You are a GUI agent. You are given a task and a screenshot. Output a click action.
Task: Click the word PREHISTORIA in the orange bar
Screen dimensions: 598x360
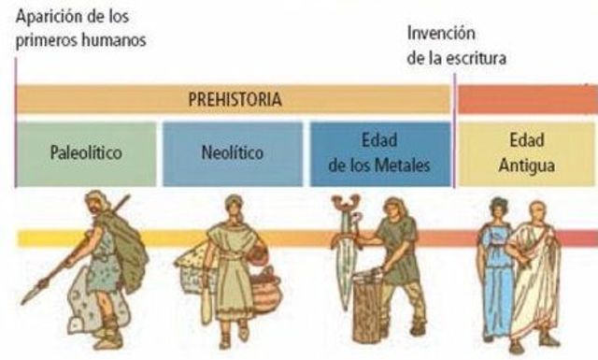point(235,98)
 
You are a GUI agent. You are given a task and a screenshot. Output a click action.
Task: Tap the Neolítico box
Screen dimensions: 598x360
point(232,152)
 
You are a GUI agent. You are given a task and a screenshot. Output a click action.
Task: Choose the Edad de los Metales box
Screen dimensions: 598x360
point(378,152)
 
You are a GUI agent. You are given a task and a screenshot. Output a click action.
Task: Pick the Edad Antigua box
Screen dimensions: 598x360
point(526,152)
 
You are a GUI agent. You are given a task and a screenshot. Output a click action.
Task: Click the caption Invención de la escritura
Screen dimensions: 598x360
point(456,45)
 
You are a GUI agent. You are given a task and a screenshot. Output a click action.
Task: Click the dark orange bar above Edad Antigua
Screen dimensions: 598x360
point(526,98)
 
